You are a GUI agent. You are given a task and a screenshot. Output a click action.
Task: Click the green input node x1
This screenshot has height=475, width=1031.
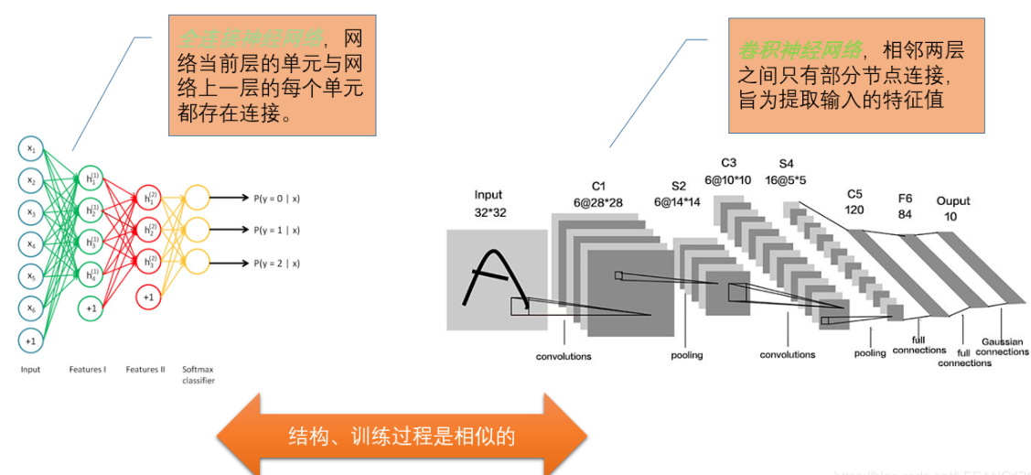point(31,148)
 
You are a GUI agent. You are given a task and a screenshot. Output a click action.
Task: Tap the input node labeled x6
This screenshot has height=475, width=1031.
point(31,308)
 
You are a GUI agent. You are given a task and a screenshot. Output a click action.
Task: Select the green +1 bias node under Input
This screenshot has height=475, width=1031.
point(31,340)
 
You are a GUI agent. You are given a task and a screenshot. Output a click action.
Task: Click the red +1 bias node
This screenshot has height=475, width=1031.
point(149,297)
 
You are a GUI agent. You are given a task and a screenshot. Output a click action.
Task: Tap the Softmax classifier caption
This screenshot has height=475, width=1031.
point(198,374)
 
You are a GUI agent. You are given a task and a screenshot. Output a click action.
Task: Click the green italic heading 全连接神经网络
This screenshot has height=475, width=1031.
point(250,38)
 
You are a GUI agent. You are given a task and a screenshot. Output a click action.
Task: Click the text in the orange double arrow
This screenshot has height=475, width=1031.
point(402,436)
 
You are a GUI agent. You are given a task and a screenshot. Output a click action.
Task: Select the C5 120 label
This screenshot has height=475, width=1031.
point(854,201)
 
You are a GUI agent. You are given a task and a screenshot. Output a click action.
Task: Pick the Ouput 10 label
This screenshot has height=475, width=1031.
point(952,208)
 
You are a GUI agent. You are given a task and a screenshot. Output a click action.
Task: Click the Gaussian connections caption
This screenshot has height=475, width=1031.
point(1004,347)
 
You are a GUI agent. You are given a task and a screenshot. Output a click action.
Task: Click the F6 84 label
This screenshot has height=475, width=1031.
point(905,205)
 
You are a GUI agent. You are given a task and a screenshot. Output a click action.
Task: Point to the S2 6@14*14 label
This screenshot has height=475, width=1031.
point(677,194)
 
